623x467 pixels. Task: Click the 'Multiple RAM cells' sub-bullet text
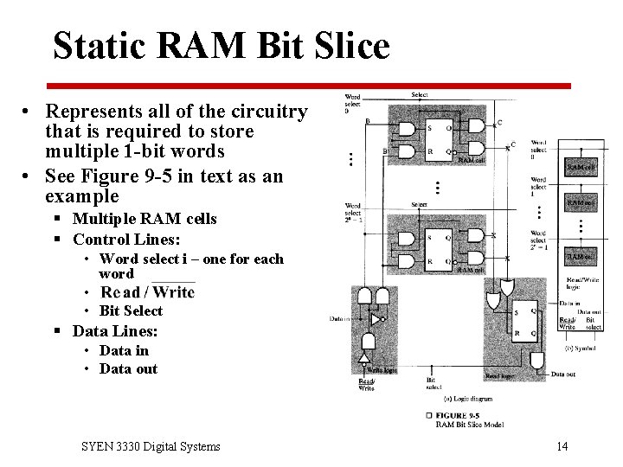(x=145, y=219)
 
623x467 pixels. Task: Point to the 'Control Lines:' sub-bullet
(x=126, y=239)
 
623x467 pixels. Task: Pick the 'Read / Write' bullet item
(x=147, y=292)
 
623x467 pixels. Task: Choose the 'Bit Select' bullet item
(x=131, y=310)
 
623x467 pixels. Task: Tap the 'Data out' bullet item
(x=128, y=368)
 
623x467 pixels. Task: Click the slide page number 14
(x=562, y=446)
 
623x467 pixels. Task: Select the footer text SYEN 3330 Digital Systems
(x=151, y=446)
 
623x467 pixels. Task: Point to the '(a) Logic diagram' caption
(x=467, y=399)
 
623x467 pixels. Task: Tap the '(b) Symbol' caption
(x=581, y=348)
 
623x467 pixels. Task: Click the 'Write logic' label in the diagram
(x=382, y=370)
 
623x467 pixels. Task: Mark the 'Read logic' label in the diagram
(x=501, y=376)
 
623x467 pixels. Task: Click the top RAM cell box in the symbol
(x=581, y=166)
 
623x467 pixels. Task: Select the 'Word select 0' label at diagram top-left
(x=352, y=103)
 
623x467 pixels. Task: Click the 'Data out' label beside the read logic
(x=563, y=374)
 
